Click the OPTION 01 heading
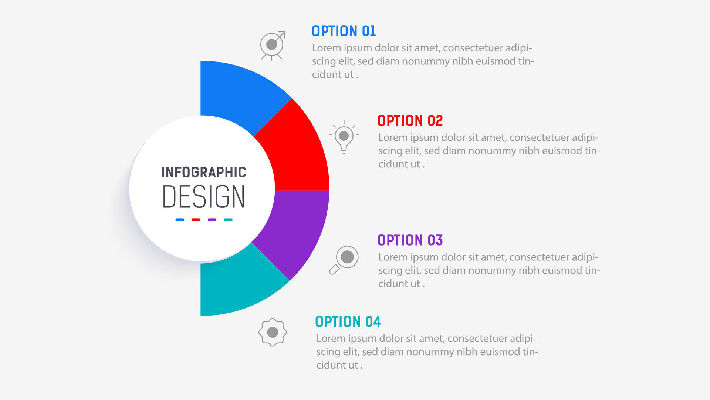pyautogui.click(x=344, y=31)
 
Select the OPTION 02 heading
pyautogui.click(x=410, y=121)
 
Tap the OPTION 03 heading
pyautogui.click(x=410, y=240)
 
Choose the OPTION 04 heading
pyautogui.click(x=348, y=322)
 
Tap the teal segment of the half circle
pyautogui.click(x=237, y=285)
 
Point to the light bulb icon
pyautogui.click(x=344, y=137)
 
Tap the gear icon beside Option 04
pyautogui.click(x=273, y=332)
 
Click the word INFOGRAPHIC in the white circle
pyautogui.click(x=204, y=172)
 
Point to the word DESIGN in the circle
pyautogui.click(x=204, y=196)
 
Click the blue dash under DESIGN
pyautogui.click(x=180, y=220)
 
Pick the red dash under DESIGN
pyautogui.click(x=196, y=220)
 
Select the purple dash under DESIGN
pyautogui.click(x=212, y=220)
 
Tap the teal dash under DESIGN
pyautogui.click(x=228, y=220)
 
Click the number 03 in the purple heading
pyautogui.click(x=435, y=240)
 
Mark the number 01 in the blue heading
pyautogui.click(x=369, y=31)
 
